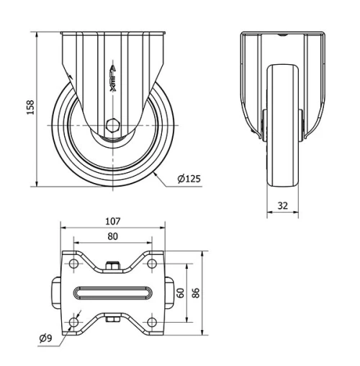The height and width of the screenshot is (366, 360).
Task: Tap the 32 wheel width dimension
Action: pos(282,205)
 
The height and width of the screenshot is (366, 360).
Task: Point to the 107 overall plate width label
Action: pos(112,221)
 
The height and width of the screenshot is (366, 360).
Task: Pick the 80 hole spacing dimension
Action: pos(112,236)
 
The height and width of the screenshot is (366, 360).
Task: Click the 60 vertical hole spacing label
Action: pos(182,293)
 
